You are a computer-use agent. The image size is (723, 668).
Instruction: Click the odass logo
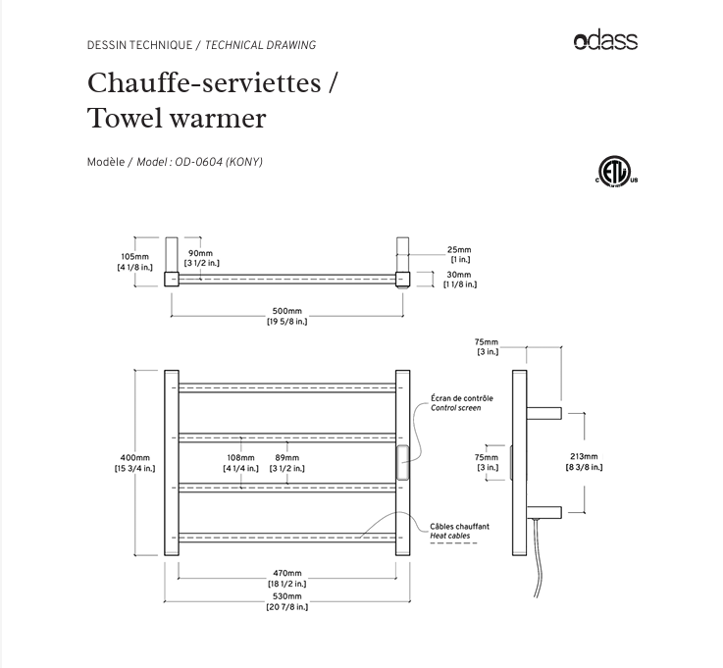pyautogui.click(x=605, y=40)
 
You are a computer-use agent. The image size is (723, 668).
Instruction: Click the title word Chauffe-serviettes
pyautogui.click(x=204, y=82)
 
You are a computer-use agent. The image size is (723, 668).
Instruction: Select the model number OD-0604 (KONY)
pyautogui.click(x=219, y=162)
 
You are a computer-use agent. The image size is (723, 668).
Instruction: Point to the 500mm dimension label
pyautogui.click(x=286, y=312)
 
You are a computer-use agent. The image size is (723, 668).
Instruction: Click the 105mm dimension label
pyautogui.click(x=134, y=257)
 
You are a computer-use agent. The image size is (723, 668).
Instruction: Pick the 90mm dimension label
pyautogui.click(x=200, y=254)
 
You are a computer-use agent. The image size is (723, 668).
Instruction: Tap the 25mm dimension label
pyautogui.click(x=459, y=250)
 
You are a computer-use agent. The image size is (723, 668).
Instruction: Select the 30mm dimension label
pyautogui.click(x=459, y=275)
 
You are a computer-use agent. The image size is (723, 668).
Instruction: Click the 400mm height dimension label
pyautogui.click(x=134, y=458)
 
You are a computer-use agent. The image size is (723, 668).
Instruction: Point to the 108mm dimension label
pyautogui.click(x=240, y=458)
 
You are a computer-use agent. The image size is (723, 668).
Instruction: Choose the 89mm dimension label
pyautogui.click(x=286, y=458)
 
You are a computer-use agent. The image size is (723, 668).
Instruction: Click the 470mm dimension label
pyautogui.click(x=286, y=574)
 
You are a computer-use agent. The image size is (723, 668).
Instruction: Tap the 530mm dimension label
pyautogui.click(x=286, y=596)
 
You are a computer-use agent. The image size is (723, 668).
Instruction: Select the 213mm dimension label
pyautogui.click(x=583, y=457)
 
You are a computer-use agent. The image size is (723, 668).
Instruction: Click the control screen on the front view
pyautogui.click(x=402, y=461)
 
